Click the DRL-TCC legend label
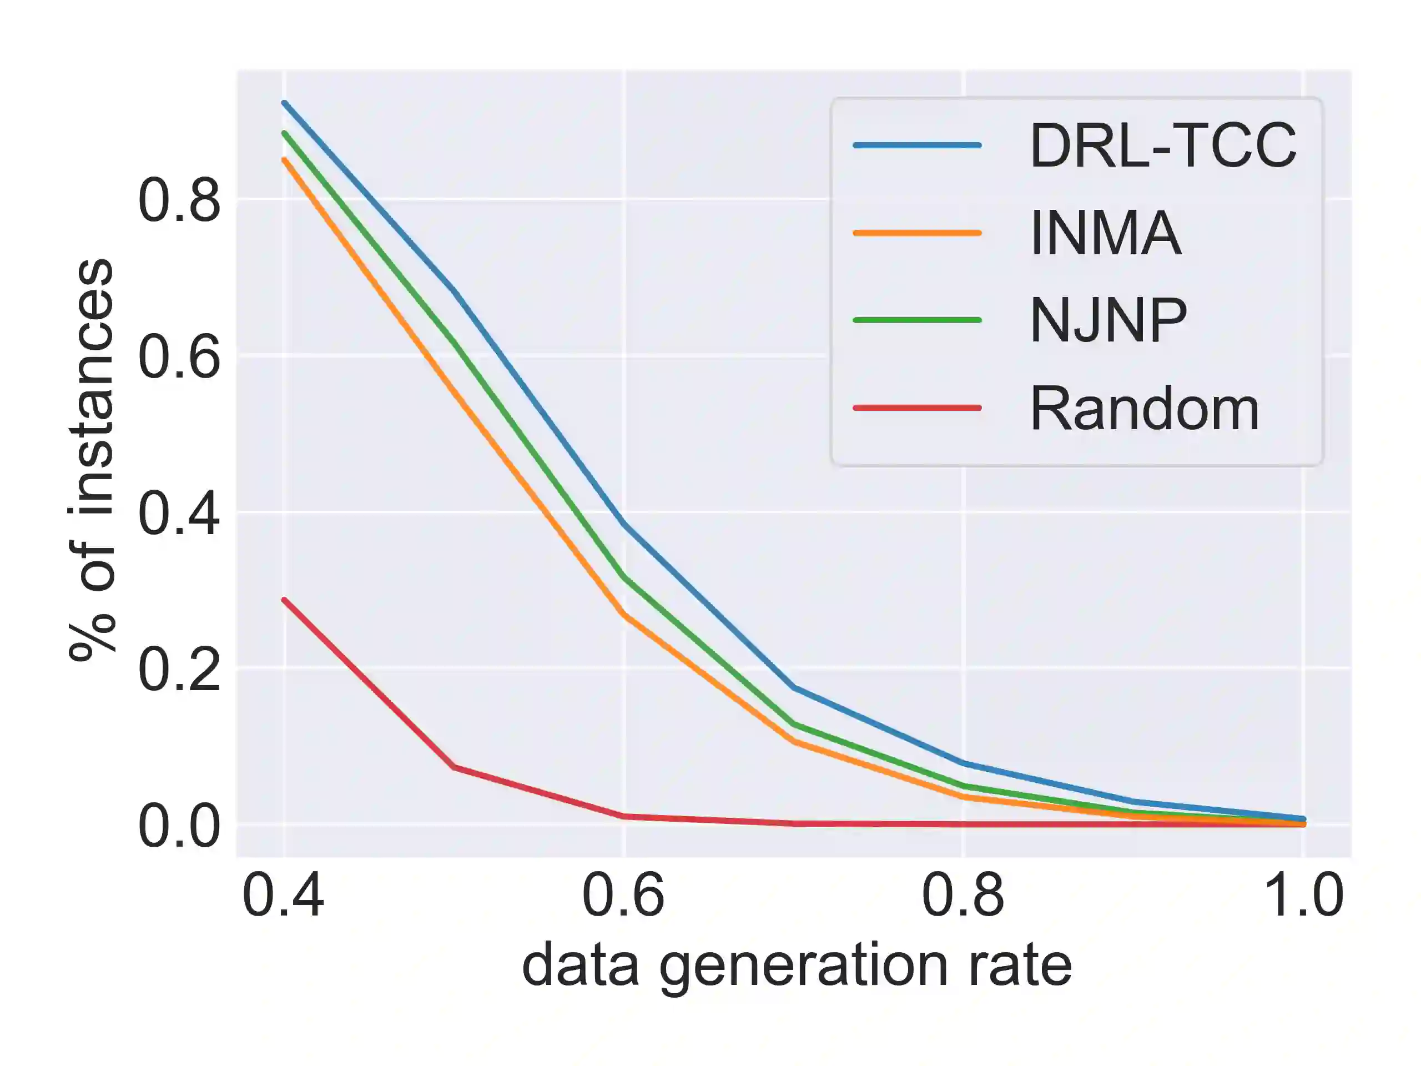[1163, 146]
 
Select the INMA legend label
[1106, 233]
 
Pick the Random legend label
[1144, 409]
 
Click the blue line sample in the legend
[918, 145]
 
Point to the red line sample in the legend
[918, 408]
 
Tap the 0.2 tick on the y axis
[179, 669]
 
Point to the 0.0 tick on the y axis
[179, 826]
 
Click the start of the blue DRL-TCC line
[284, 103]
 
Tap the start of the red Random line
[284, 600]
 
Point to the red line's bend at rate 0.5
[454, 767]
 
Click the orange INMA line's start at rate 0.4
[284, 159]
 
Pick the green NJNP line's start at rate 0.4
[284, 132]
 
